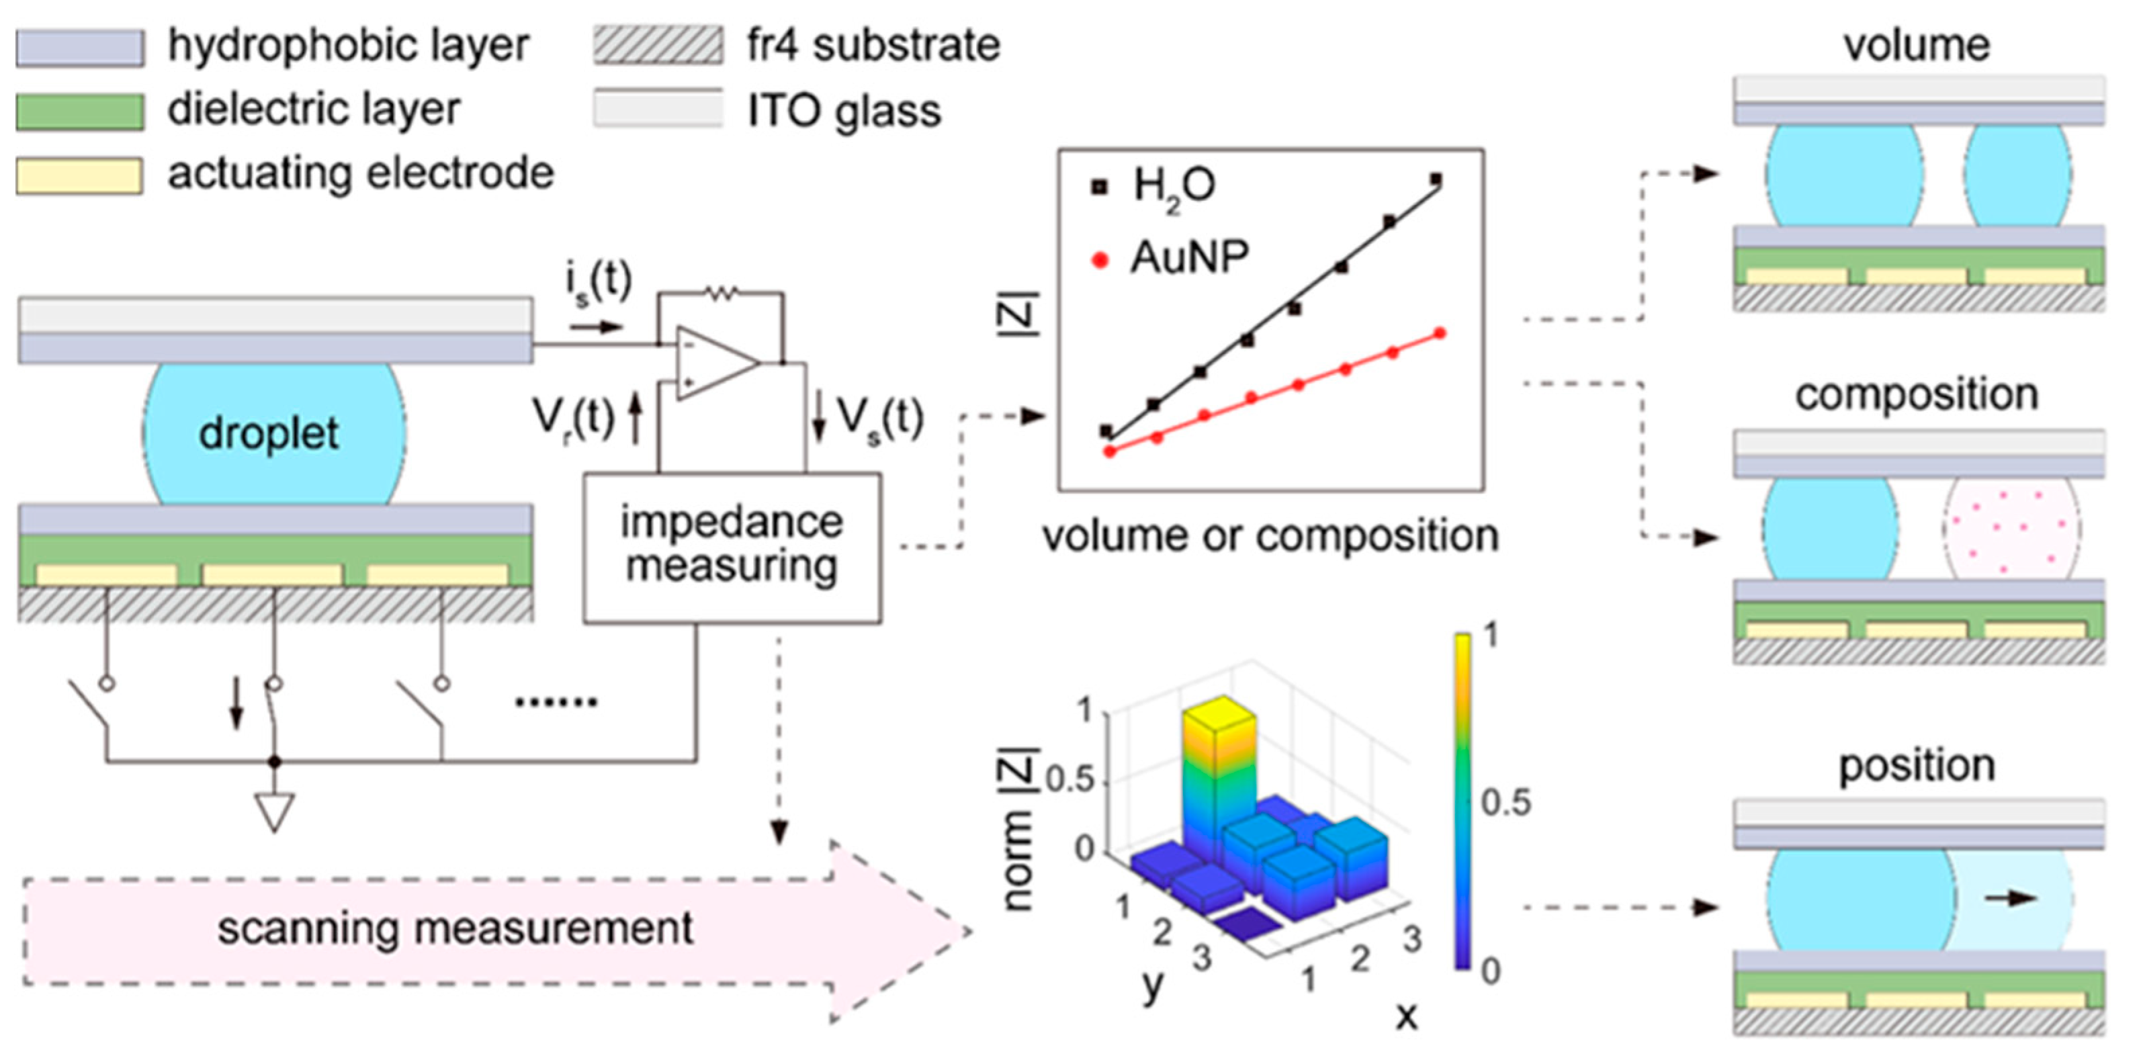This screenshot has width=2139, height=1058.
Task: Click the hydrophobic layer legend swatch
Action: point(80,47)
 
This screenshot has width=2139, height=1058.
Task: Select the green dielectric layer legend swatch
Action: point(80,112)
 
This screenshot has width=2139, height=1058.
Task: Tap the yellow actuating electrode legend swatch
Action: point(80,175)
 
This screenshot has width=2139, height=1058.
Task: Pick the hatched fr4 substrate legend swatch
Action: point(658,46)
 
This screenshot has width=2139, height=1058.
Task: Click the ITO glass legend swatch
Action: point(658,109)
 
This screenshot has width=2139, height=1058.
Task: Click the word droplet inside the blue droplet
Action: point(268,433)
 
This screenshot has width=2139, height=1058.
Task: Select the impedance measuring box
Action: point(732,547)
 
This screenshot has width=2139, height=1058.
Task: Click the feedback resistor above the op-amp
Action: point(720,292)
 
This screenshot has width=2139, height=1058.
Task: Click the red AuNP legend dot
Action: point(1100,260)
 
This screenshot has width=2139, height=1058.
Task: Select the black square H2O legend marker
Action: point(1099,187)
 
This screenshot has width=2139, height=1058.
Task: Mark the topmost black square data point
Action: point(1436,179)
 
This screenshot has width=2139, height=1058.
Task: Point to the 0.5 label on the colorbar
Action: point(1506,803)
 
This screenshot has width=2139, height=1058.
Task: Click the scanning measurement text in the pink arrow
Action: point(455,928)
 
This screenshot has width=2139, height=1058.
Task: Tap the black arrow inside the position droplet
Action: point(2010,897)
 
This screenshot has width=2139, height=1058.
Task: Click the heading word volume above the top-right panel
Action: point(1917,45)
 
